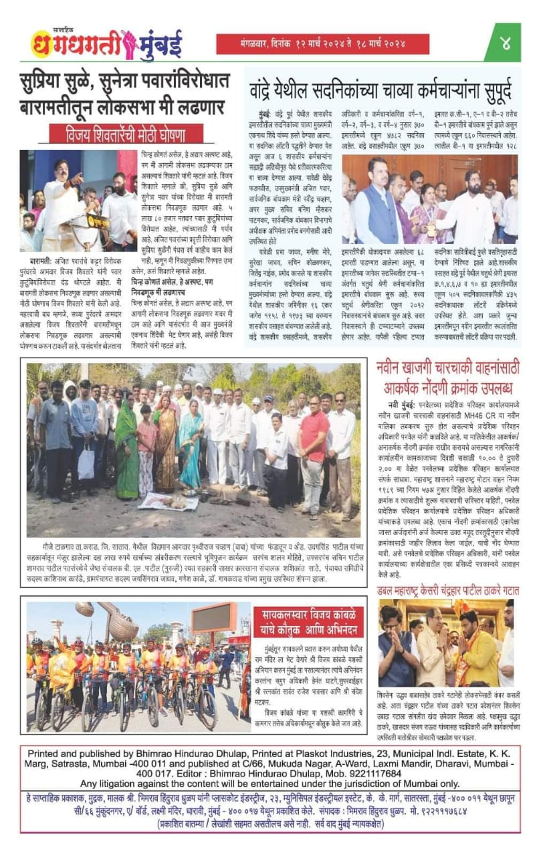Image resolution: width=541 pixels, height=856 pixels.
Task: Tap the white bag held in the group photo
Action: tap(86, 461)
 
